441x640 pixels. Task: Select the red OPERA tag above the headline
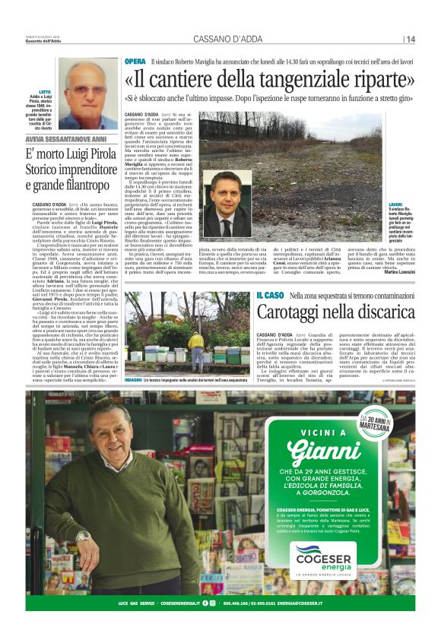coord(135,61)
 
